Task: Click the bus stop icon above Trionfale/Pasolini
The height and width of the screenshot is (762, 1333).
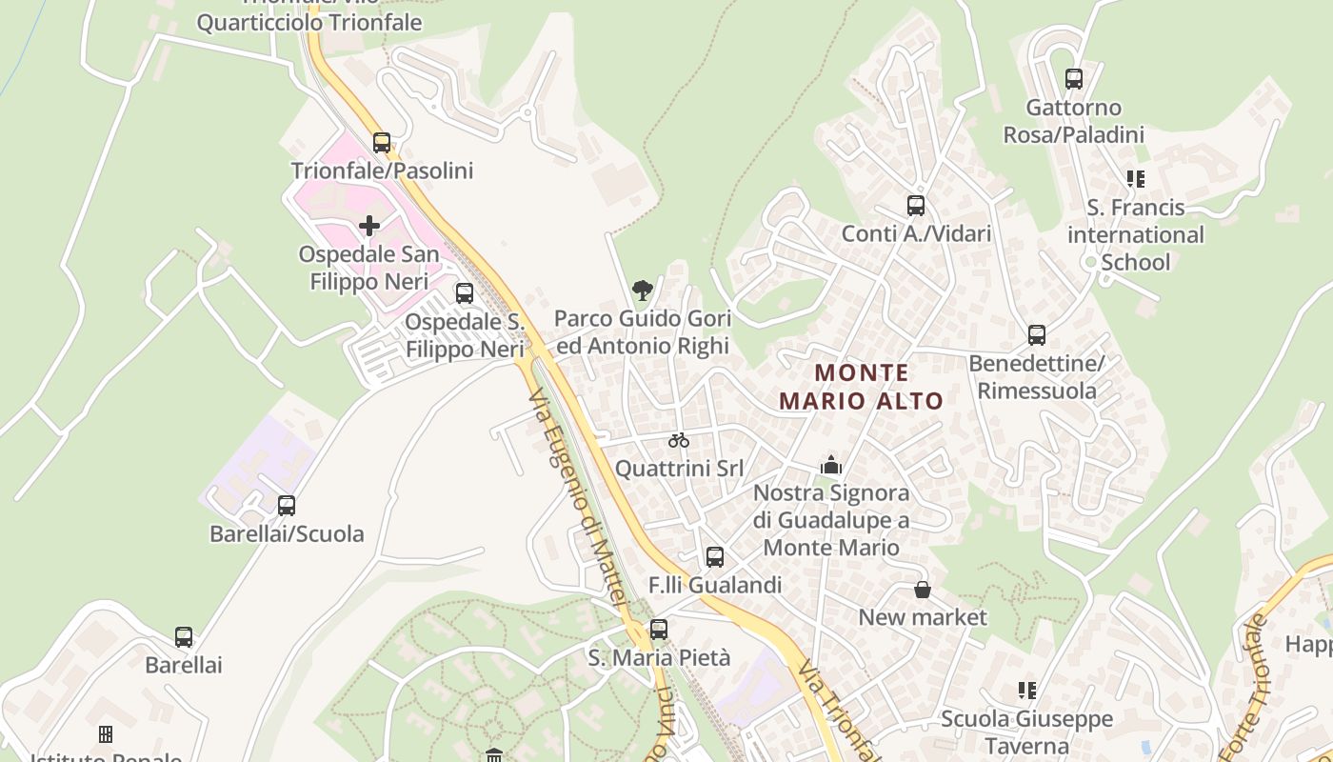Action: pos(382,143)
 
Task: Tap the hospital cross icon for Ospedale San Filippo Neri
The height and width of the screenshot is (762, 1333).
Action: pos(369,226)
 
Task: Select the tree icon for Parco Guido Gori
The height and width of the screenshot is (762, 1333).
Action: pos(643,290)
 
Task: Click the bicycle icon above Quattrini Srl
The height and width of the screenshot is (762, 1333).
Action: pos(678,440)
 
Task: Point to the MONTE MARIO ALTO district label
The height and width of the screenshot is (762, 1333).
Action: pos(862,387)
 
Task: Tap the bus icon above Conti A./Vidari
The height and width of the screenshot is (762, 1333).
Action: pos(916,206)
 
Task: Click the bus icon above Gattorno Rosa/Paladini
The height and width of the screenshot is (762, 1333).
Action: pos(1074,79)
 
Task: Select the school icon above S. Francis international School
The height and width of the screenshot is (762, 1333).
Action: pos(1135,179)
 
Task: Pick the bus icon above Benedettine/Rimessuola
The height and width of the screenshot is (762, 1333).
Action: pos(1037,335)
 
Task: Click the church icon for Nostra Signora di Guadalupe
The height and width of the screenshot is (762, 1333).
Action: pos(831,465)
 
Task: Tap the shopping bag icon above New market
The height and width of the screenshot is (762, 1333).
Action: pos(923,590)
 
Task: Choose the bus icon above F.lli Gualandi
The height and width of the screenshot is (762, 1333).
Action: pos(715,557)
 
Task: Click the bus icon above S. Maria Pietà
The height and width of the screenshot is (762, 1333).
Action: pos(659,630)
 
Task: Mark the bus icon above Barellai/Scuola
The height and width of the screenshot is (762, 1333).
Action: pos(287,506)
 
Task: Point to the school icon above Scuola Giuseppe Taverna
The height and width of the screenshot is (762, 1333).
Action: pos(1026,691)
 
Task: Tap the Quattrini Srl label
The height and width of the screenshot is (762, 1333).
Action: pos(679,469)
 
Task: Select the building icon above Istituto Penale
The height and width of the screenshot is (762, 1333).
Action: pos(106,734)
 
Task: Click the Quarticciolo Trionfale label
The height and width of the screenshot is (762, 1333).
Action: pos(309,22)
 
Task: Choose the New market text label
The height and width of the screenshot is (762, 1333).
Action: pos(923,617)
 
